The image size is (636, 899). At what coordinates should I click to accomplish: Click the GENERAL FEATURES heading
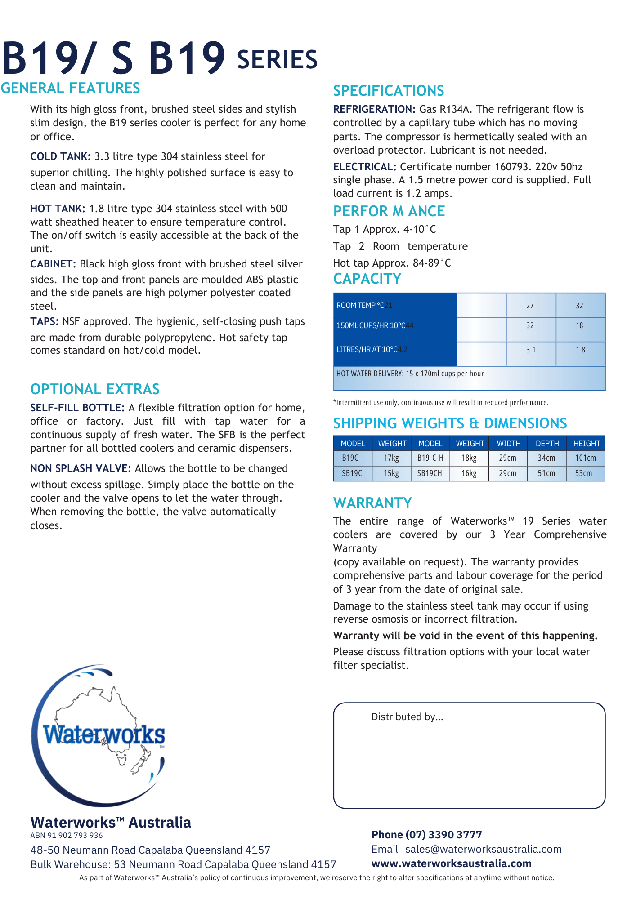[x=71, y=88]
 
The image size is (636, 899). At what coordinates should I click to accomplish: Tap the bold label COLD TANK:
[x=60, y=156]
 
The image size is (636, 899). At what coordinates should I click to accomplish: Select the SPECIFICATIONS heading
[x=388, y=91]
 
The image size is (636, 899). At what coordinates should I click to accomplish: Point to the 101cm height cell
[x=585, y=458]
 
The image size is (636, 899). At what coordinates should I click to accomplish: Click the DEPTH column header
[x=547, y=444]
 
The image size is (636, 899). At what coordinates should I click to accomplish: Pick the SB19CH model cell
[x=430, y=473]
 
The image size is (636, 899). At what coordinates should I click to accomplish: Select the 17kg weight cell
[x=391, y=458]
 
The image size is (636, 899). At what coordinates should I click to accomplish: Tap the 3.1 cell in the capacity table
[x=531, y=350]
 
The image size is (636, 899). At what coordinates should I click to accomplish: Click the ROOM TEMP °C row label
[x=360, y=305]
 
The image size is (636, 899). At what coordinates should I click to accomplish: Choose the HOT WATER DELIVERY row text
[x=410, y=374]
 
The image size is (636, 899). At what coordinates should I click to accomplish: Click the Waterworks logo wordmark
[x=103, y=735]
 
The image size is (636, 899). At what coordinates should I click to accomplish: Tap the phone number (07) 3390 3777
[x=443, y=835]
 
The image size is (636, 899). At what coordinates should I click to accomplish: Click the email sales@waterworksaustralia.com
[x=483, y=849]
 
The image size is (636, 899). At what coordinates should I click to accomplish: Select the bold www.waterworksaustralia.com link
[x=451, y=863]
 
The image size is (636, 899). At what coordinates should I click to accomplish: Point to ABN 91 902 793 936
[x=67, y=835]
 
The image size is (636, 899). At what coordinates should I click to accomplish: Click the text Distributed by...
[x=407, y=717]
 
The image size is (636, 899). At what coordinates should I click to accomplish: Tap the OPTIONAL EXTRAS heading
[x=95, y=389]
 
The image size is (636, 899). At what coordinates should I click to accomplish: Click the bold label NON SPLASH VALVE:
[x=81, y=468]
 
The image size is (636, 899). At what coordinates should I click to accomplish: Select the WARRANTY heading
[x=372, y=503]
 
